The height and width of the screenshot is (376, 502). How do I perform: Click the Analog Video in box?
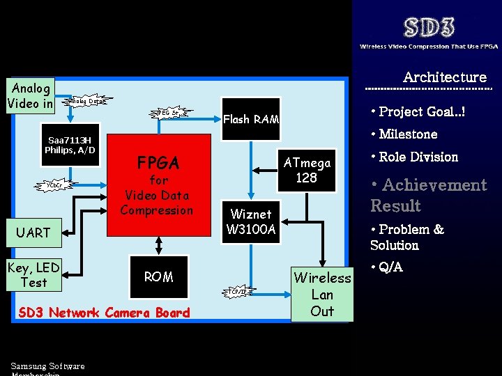(30, 96)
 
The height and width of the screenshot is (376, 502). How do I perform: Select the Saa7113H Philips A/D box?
(70, 145)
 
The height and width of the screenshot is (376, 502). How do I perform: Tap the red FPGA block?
(158, 185)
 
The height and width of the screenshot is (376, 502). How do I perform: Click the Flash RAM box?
(251, 119)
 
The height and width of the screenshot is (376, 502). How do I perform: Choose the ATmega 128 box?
(306, 170)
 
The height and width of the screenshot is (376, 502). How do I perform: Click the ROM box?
(158, 277)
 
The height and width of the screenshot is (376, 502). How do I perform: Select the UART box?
(33, 233)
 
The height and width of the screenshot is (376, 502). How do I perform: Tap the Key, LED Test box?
(33, 274)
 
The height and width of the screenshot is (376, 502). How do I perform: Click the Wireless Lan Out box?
(322, 294)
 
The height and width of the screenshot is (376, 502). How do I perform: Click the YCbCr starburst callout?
(55, 185)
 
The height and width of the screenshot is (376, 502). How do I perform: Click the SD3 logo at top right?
(429, 28)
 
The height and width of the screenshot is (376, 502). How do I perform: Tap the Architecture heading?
(444, 77)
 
